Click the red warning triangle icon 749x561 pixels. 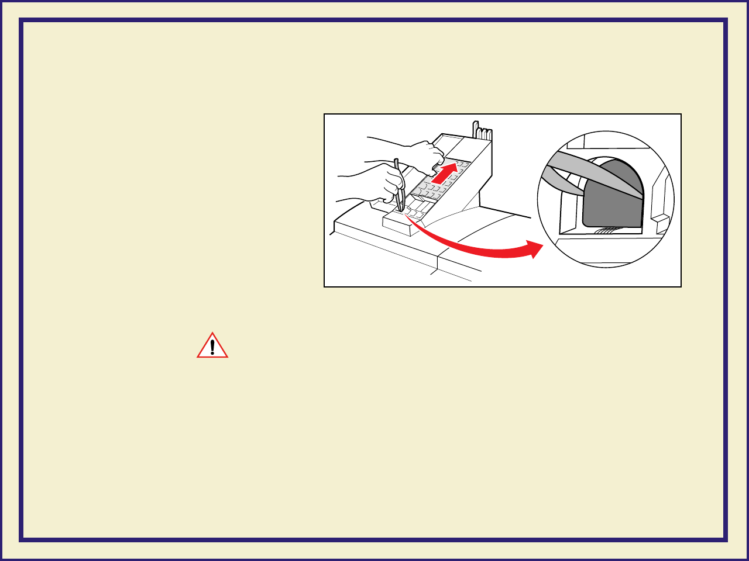(x=212, y=346)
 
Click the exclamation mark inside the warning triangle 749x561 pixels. (x=212, y=347)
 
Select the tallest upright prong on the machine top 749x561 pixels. (x=475, y=129)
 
